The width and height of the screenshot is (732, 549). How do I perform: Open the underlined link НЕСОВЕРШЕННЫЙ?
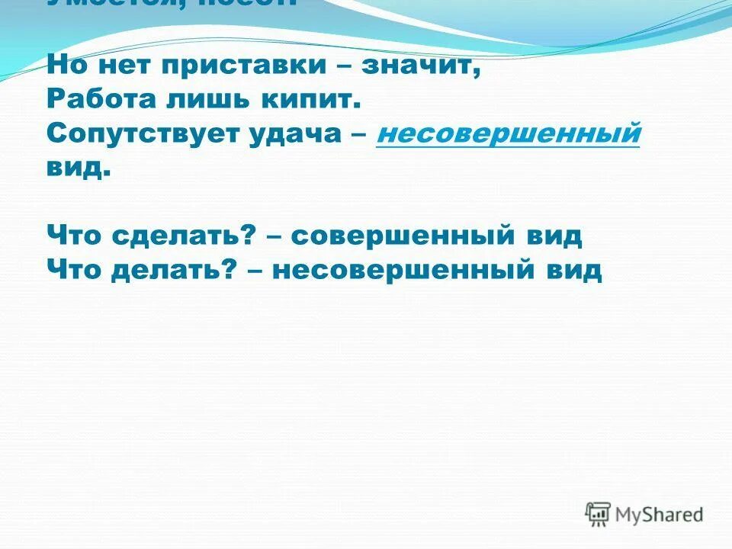tap(508, 133)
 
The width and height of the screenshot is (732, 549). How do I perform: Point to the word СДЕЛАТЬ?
tap(184, 236)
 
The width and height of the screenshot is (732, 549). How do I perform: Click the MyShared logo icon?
tap(598, 514)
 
